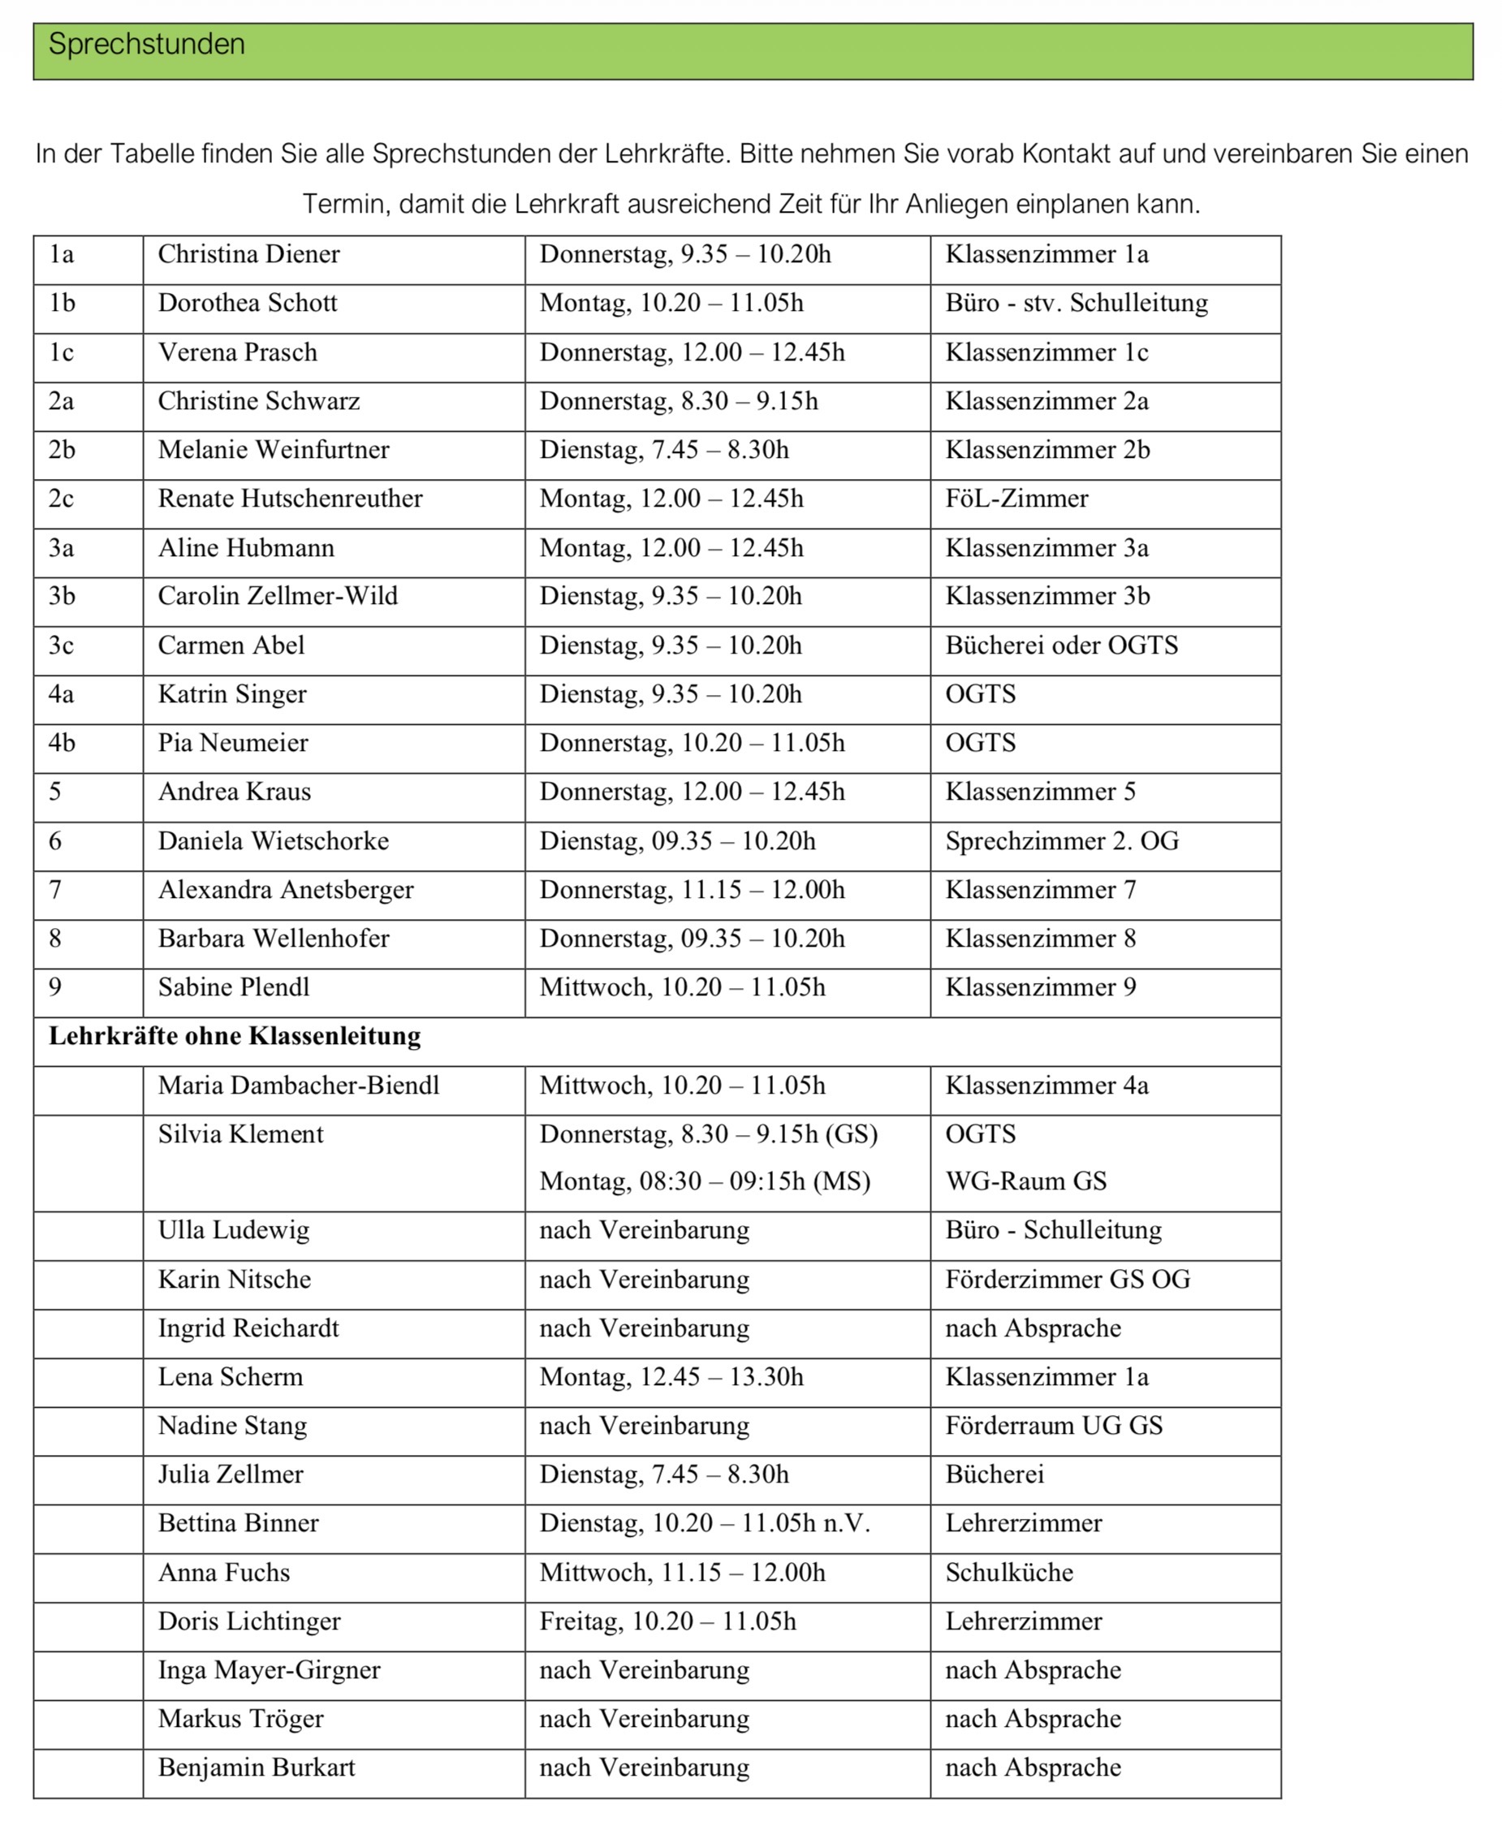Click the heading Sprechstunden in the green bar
146,44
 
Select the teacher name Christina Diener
248,254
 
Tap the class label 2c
61,499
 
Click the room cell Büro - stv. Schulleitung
1077,303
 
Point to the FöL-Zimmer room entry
1016,499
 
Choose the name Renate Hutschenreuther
290,499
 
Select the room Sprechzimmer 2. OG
1062,841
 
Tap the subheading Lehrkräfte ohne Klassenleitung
235,1035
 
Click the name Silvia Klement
240,1134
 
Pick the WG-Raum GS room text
1025,1181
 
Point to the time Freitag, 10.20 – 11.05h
667,1621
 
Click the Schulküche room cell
1009,1573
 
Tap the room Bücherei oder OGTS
1062,645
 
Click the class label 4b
62,743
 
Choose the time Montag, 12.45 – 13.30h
671,1377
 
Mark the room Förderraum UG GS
1054,1426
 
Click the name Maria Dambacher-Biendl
299,1086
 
